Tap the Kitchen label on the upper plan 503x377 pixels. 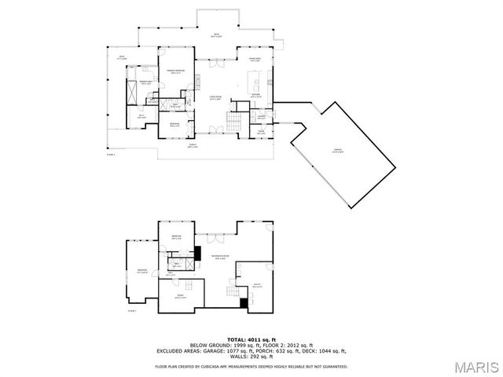coord(257,97)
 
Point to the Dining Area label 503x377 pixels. coord(255,60)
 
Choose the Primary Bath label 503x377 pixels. coord(145,82)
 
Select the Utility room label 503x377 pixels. coord(257,287)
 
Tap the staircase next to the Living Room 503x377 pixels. coord(233,122)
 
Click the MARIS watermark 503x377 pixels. coord(471,367)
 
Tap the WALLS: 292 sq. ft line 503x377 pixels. coord(251,356)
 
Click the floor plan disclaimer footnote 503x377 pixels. coord(251,365)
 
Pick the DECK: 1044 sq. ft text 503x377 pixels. coord(326,350)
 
